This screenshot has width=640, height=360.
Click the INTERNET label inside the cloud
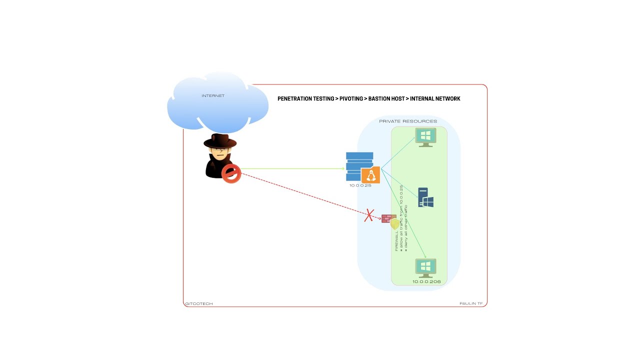click(213, 95)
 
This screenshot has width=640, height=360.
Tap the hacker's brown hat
click(220, 141)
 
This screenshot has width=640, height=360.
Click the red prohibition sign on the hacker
click(231, 173)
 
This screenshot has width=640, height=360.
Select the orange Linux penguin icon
click(370, 175)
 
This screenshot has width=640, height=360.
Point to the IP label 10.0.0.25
click(360, 185)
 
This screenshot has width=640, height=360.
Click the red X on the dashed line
click(369, 215)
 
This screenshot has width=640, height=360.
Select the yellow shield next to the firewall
click(395, 224)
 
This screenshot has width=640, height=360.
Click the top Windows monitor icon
click(425, 137)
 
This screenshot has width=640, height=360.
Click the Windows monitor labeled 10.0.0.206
click(425, 267)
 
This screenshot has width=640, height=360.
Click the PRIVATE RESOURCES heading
click(408, 121)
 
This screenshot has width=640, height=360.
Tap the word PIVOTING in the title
click(351, 99)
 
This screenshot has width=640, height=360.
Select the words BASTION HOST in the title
click(386, 99)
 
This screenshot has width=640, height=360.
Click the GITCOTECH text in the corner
click(199, 303)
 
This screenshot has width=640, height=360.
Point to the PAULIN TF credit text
click(471, 303)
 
